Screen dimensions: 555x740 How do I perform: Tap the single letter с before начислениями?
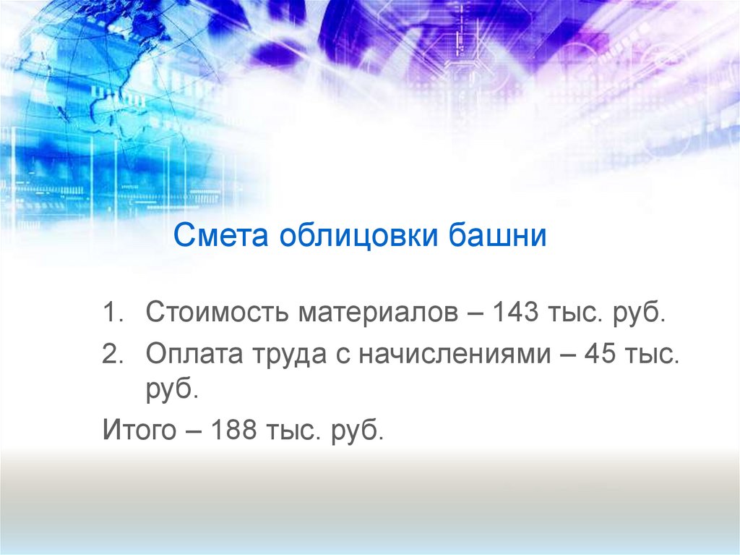[x=337, y=355]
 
